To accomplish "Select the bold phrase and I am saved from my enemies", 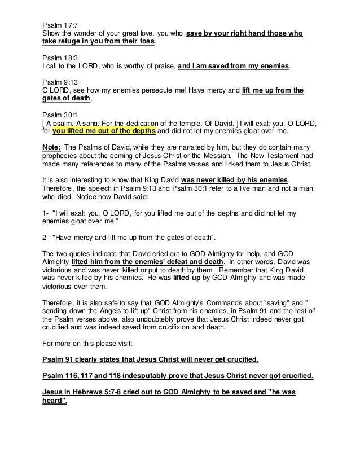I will (x=233, y=65).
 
